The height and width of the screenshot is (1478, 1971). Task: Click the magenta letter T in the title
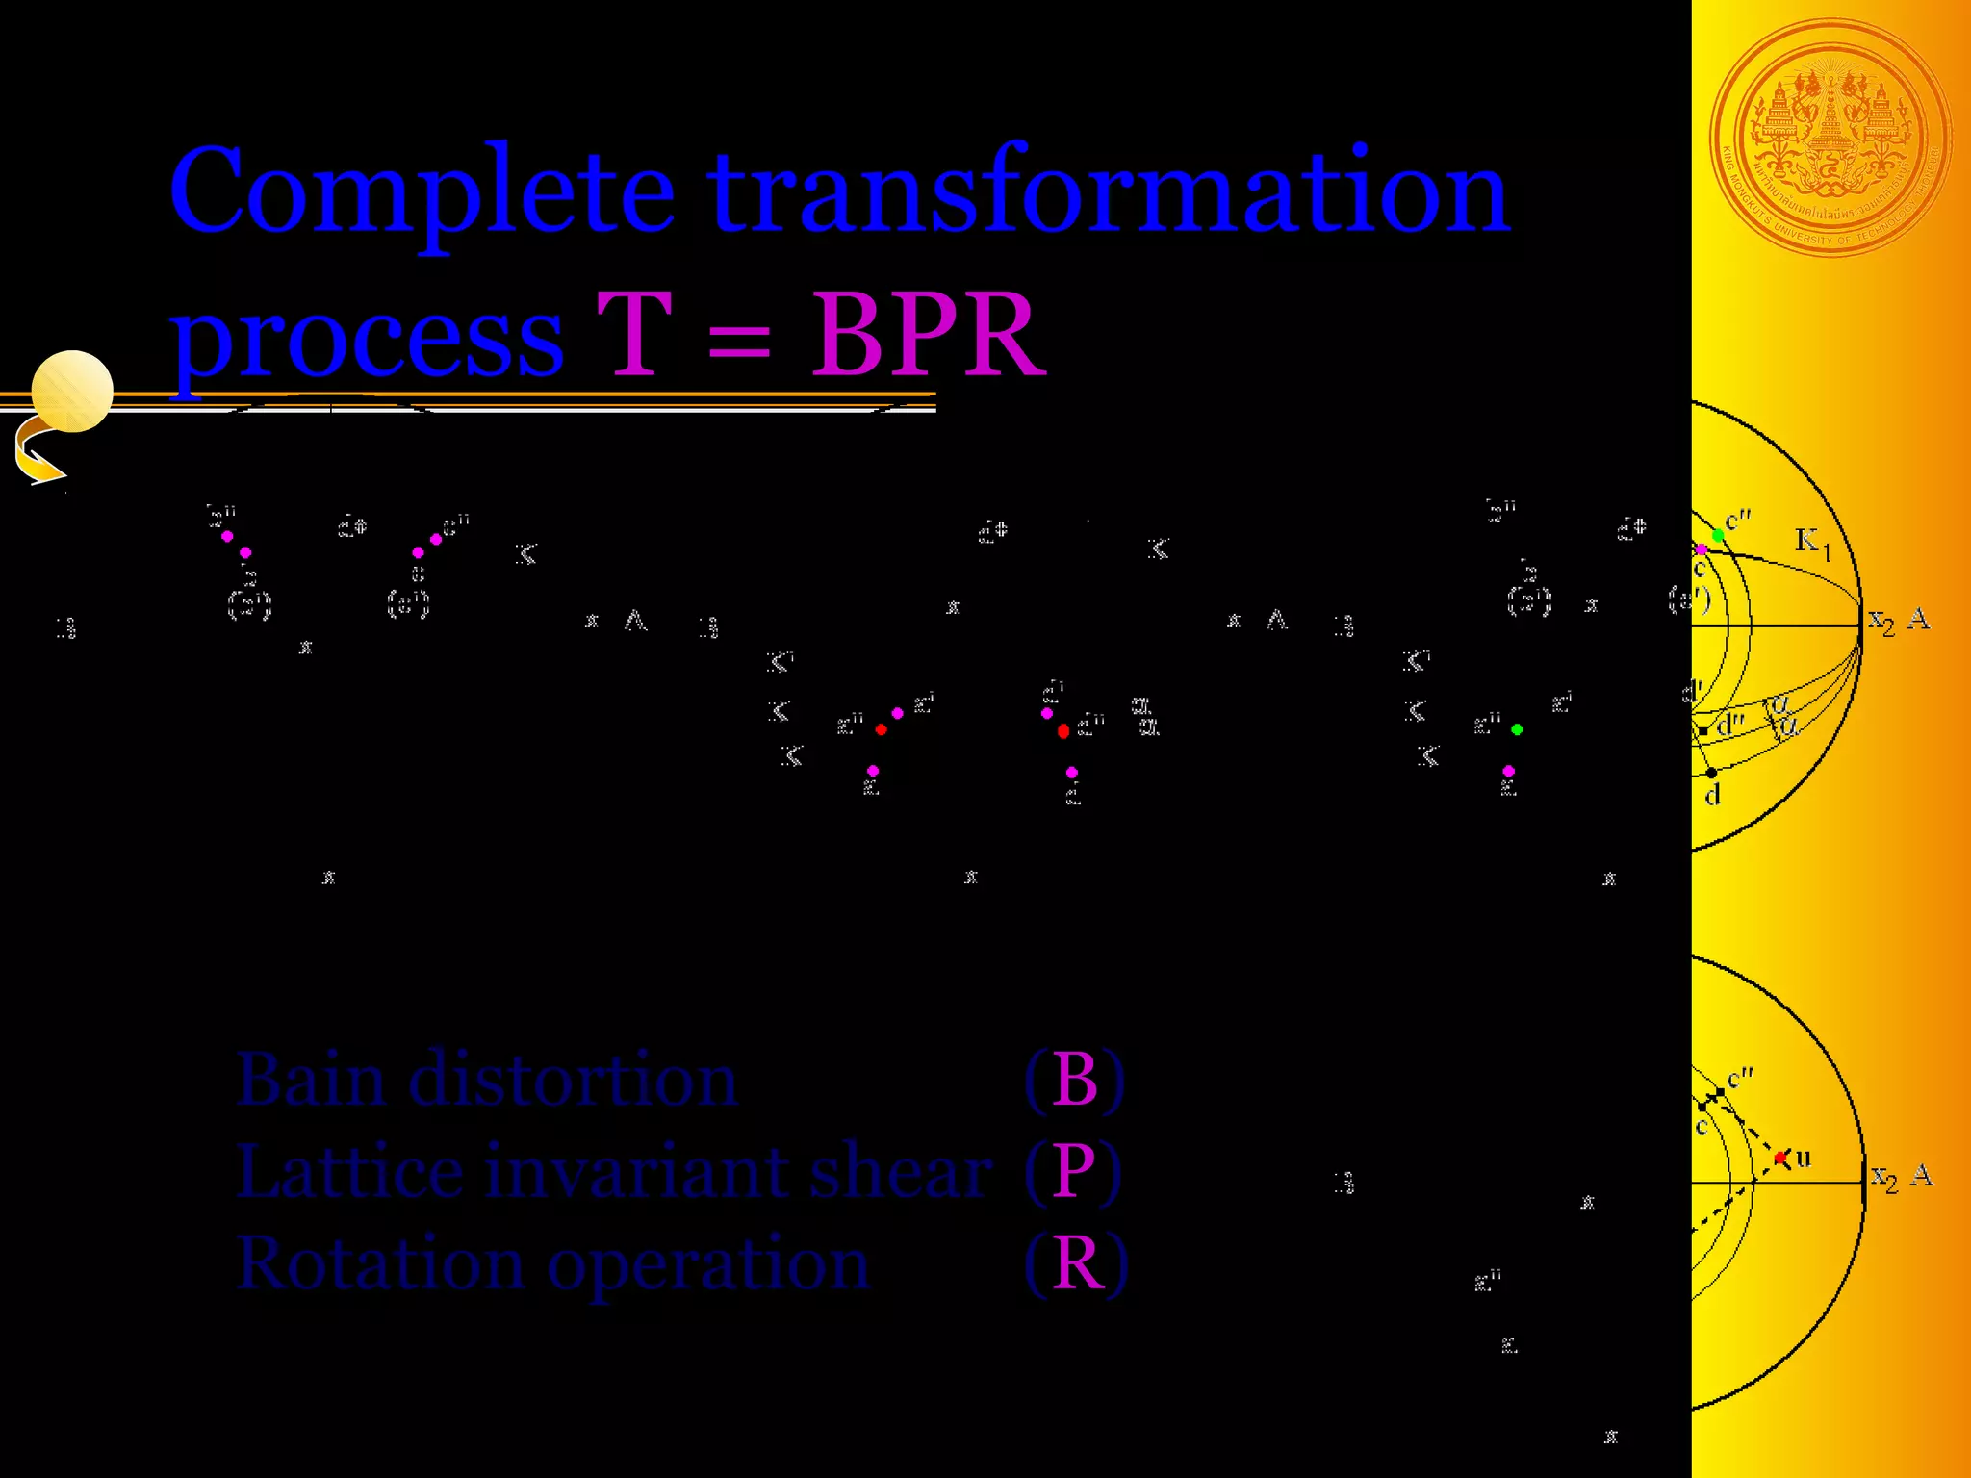(x=633, y=335)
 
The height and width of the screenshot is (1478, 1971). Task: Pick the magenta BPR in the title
(x=927, y=335)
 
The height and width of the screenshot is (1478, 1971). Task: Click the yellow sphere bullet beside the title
(x=72, y=391)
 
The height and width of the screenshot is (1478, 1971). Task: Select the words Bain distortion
(x=486, y=1080)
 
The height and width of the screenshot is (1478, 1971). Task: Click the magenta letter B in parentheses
(x=1075, y=1080)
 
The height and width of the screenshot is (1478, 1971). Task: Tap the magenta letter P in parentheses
(x=1073, y=1171)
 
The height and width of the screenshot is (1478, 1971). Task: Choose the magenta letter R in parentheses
(x=1077, y=1262)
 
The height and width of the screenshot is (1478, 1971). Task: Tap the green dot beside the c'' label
(x=1718, y=535)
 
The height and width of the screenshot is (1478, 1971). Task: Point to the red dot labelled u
(x=1780, y=1158)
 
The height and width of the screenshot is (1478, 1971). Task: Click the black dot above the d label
(x=1711, y=773)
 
